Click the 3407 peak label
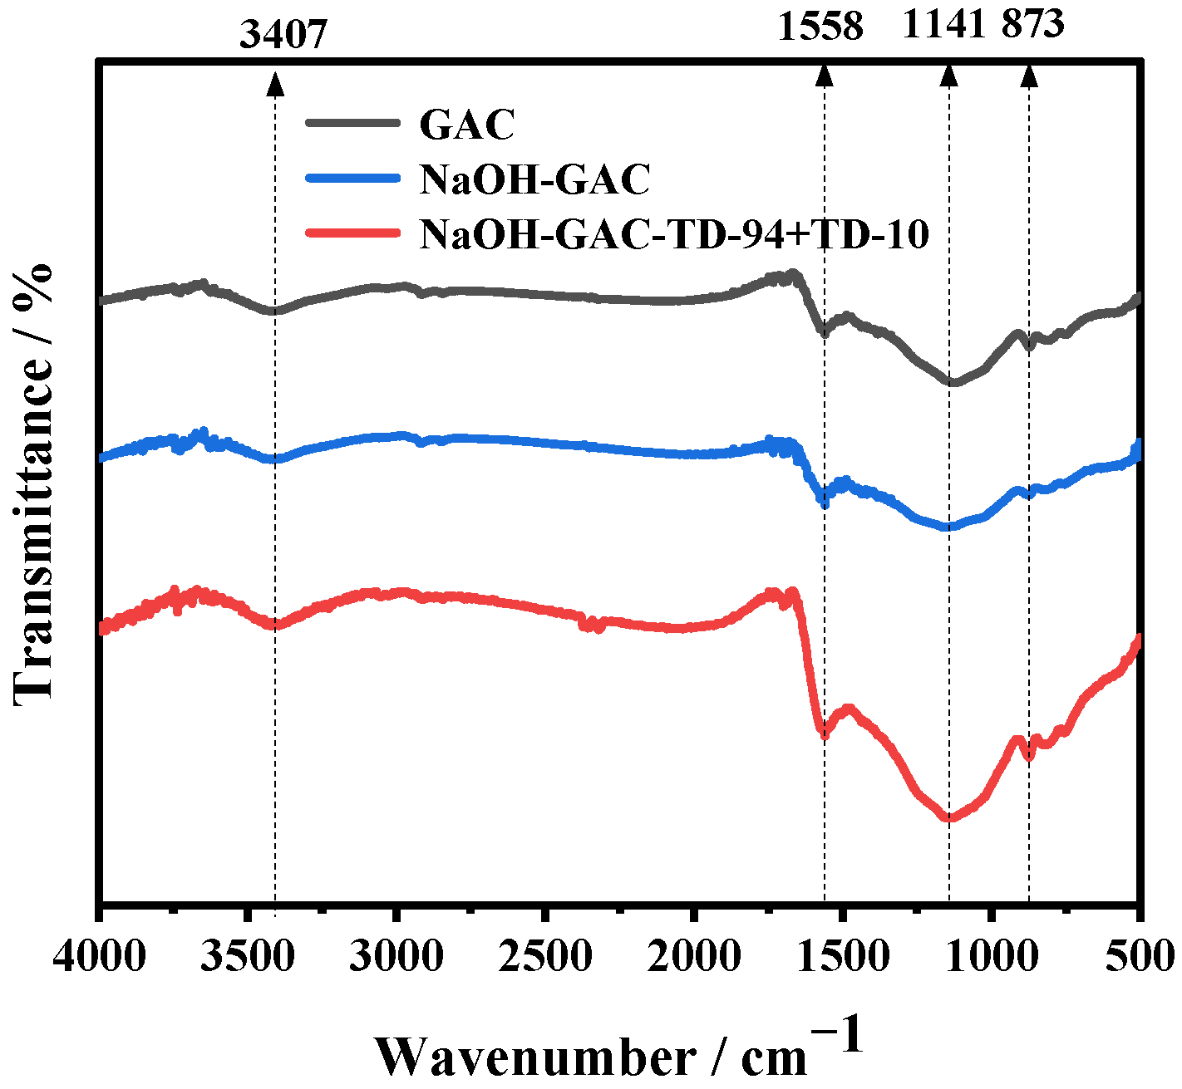(x=283, y=36)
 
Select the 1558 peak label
(x=820, y=27)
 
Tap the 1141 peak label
(x=944, y=25)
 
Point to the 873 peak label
(x=1032, y=24)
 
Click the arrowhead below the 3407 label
(x=275, y=83)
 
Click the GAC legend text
(x=467, y=125)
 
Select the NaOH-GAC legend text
(x=534, y=179)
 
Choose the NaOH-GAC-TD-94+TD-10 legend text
(x=674, y=234)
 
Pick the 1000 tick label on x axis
(x=991, y=957)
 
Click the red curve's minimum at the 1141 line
(x=948, y=817)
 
